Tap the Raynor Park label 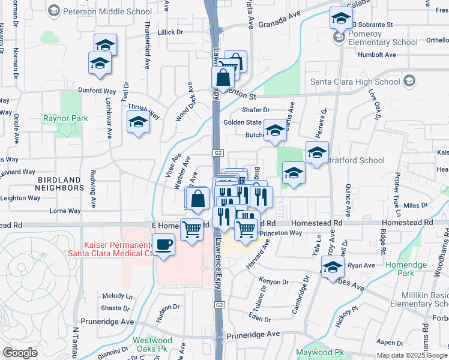[x=65, y=118]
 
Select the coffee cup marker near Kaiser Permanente [x=163, y=245]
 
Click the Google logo [x=20, y=352]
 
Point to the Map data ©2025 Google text [x=412, y=355]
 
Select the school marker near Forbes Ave [x=332, y=268]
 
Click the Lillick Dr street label [x=169, y=32]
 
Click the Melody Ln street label [x=117, y=296]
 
